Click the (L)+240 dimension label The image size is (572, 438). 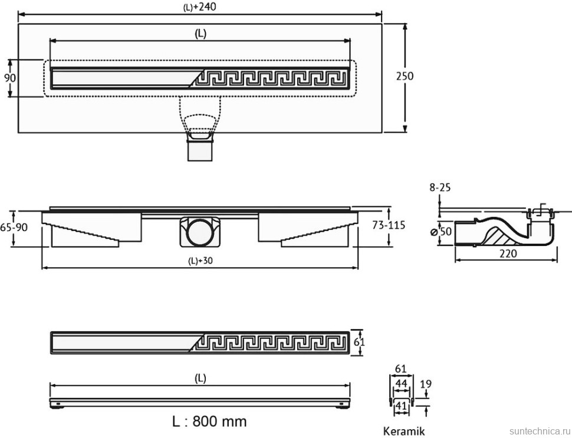(x=200, y=6)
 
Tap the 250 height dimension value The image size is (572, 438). (x=405, y=76)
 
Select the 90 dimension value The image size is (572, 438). (x=10, y=77)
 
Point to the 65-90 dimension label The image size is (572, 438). (x=12, y=226)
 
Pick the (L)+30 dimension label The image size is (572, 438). (x=200, y=262)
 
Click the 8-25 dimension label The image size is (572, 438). (x=440, y=188)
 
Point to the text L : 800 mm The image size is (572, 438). (x=209, y=421)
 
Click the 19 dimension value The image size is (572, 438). (x=426, y=384)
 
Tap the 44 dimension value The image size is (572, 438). (x=401, y=384)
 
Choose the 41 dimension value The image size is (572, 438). (x=401, y=405)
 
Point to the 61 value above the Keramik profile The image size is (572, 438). (x=400, y=369)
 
